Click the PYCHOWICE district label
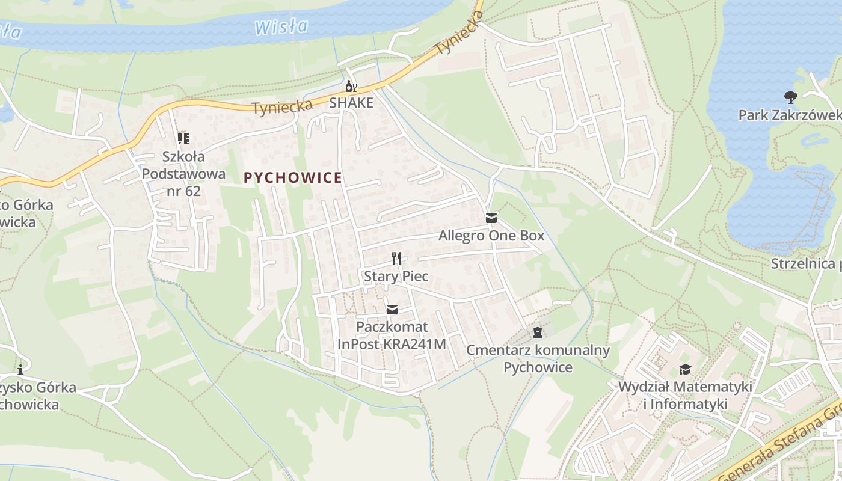point(293,178)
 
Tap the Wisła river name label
point(281,27)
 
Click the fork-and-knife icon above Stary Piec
point(396,259)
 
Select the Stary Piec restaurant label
point(396,277)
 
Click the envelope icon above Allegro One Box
point(491,218)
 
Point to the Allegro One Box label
point(491,236)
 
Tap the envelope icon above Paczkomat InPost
point(392,310)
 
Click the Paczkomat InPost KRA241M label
point(392,335)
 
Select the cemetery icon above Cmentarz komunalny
point(538,332)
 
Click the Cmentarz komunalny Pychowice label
point(538,358)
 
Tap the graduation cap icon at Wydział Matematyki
point(685,369)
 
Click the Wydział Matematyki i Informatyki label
point(685,395)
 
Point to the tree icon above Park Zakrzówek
point(790,97)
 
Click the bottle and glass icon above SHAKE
point(351,87)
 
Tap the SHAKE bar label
point(351,103)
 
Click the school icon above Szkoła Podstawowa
point(183,139)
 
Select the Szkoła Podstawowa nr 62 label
point(183,174)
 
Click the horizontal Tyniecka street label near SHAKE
point(282,108)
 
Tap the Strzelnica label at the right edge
point(806,264)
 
